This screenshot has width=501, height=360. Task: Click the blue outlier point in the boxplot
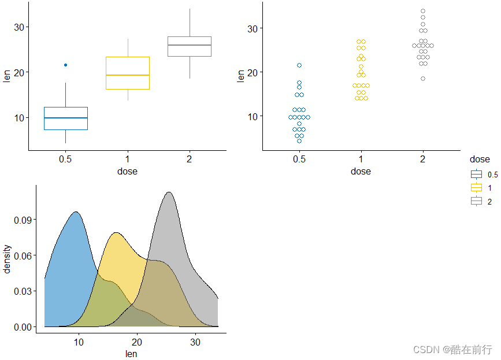(65, 65)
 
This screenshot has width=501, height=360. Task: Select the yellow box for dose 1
(127, 73)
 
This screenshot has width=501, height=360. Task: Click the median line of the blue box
(65, 118)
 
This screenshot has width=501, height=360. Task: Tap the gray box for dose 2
(189, 46)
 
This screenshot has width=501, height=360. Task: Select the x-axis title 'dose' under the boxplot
(127, 171)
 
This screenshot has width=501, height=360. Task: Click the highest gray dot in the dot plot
(423, 11)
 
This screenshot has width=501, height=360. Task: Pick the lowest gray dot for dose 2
(423, 79)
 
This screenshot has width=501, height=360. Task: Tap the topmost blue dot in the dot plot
(299, 65)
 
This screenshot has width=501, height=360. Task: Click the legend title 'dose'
(480, 159)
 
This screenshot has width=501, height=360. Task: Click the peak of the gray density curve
(169, 192)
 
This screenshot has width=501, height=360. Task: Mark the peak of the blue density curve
(76, 212)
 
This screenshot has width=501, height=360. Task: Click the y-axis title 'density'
(8, 259)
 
